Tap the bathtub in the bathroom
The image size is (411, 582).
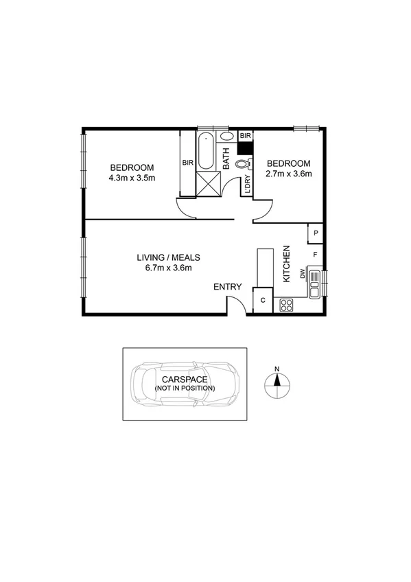point(207,152)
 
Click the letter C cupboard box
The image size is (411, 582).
point(263,300)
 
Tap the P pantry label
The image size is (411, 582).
point(316,233)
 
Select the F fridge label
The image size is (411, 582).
point(316,255)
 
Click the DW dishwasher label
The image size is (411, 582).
point(303,274)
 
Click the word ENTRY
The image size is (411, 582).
point(227,286)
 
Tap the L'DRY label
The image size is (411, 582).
point(246,185)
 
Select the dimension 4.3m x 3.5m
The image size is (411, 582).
point(132,178)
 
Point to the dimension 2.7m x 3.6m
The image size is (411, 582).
point(289,174)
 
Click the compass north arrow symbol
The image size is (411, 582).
point(277,385)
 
